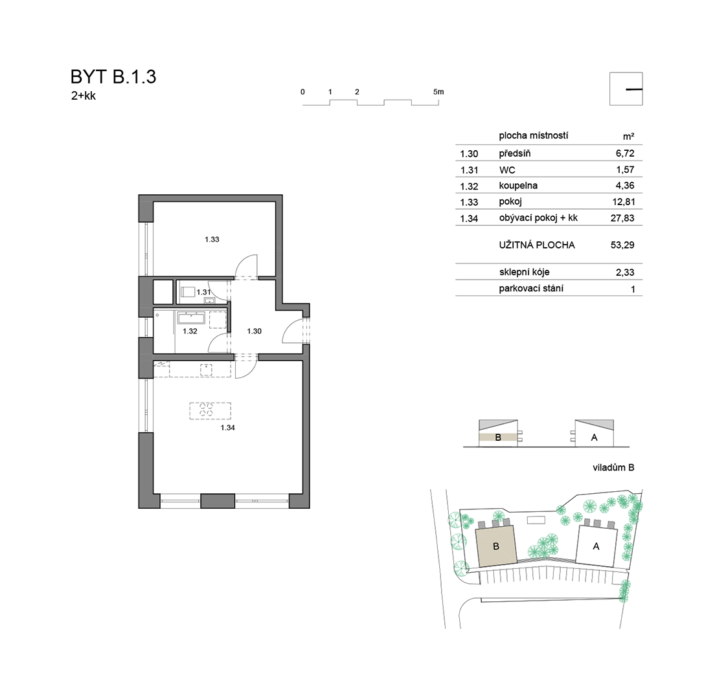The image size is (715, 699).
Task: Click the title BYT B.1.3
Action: coord(113,77)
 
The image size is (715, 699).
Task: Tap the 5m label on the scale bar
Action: coord(438,92)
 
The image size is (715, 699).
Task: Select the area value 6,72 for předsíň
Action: coord(625,153)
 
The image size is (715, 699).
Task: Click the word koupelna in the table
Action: coord(518,186)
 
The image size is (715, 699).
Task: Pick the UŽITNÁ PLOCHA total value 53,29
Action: coord(622,245)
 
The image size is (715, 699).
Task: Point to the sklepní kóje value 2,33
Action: coord(625,272)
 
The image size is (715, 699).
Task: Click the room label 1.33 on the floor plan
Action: coord(212,239)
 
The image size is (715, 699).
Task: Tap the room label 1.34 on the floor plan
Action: coord(227,427)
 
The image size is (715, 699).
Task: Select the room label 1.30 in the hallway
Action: coord(254,331)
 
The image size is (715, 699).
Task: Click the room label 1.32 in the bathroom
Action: coord(190,331)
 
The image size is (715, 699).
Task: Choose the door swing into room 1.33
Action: coord(246,265)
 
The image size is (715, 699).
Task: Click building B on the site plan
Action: coord(496,546)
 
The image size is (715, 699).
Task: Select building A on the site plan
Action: coord(596,546)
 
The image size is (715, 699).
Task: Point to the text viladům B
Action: coord(613,467)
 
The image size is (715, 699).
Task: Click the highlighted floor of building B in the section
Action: coord(498,438)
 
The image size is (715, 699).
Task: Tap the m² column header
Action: coord(628,137)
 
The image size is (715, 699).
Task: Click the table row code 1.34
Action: coord(469,219)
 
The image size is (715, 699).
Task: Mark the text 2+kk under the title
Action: coord(84,96)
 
